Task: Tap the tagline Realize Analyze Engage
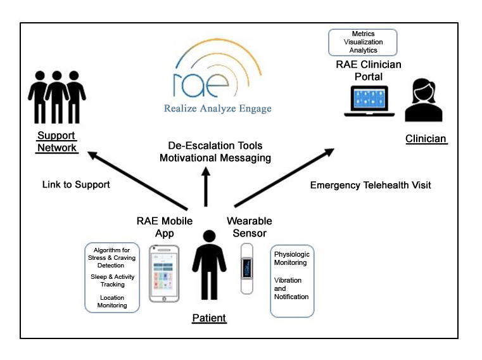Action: [217, 108]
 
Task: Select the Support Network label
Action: [57, 142]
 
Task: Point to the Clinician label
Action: [426, 139]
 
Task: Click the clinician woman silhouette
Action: [426, 100]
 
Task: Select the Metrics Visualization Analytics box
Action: [364, 42]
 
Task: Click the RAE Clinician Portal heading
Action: [368, 70]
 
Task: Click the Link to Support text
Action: [76, 184]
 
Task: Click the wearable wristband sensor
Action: [246, 269]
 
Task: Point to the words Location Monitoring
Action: [112, 301]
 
